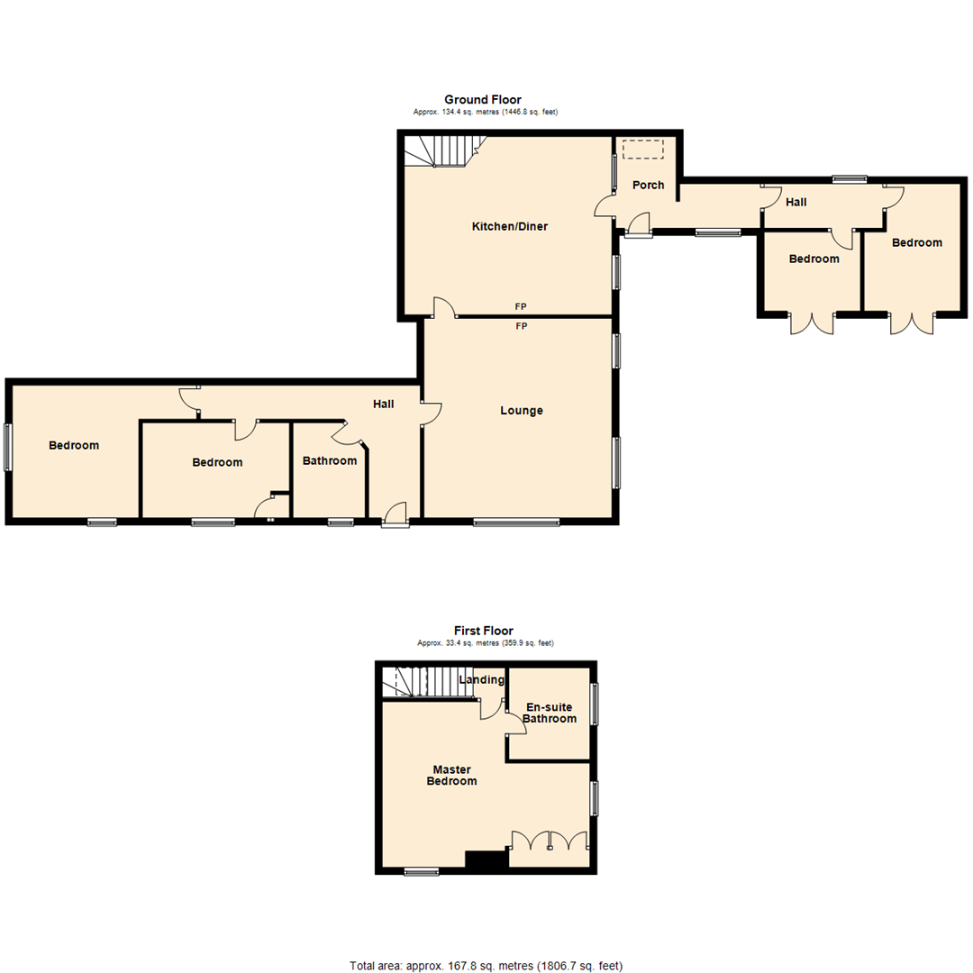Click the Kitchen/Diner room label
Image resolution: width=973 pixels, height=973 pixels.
[x=510, y=226]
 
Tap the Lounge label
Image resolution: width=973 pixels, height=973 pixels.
[x=522, y=411]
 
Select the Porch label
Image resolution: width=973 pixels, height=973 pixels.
[x=648, y=186]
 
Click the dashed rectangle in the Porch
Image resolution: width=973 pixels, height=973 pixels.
[x=643, y=150]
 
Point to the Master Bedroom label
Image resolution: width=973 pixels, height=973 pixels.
[x=452, y=776]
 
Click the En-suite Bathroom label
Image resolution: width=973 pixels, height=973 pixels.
[x=550, y=713]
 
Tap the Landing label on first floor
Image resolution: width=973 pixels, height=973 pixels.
[x=482, y=679]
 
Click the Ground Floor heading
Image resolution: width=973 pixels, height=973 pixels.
[x=482, y=99]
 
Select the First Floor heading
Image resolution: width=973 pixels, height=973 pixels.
[x=484, y=632]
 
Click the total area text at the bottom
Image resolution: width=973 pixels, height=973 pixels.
[x=486, y=966]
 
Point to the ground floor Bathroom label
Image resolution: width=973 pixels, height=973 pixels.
[x=329, y=460]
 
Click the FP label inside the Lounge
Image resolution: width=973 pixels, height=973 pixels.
[x=521, y=326]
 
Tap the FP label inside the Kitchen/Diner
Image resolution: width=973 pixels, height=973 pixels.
[x=521, y=306]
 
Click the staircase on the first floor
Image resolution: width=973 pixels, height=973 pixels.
[x=420, y=682]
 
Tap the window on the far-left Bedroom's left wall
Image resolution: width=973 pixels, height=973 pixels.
[x=9, y=447]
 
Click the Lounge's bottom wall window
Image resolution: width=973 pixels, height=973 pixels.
[x=516, y=522]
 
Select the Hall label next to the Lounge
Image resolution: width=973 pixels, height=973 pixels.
[x=384, y=404]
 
